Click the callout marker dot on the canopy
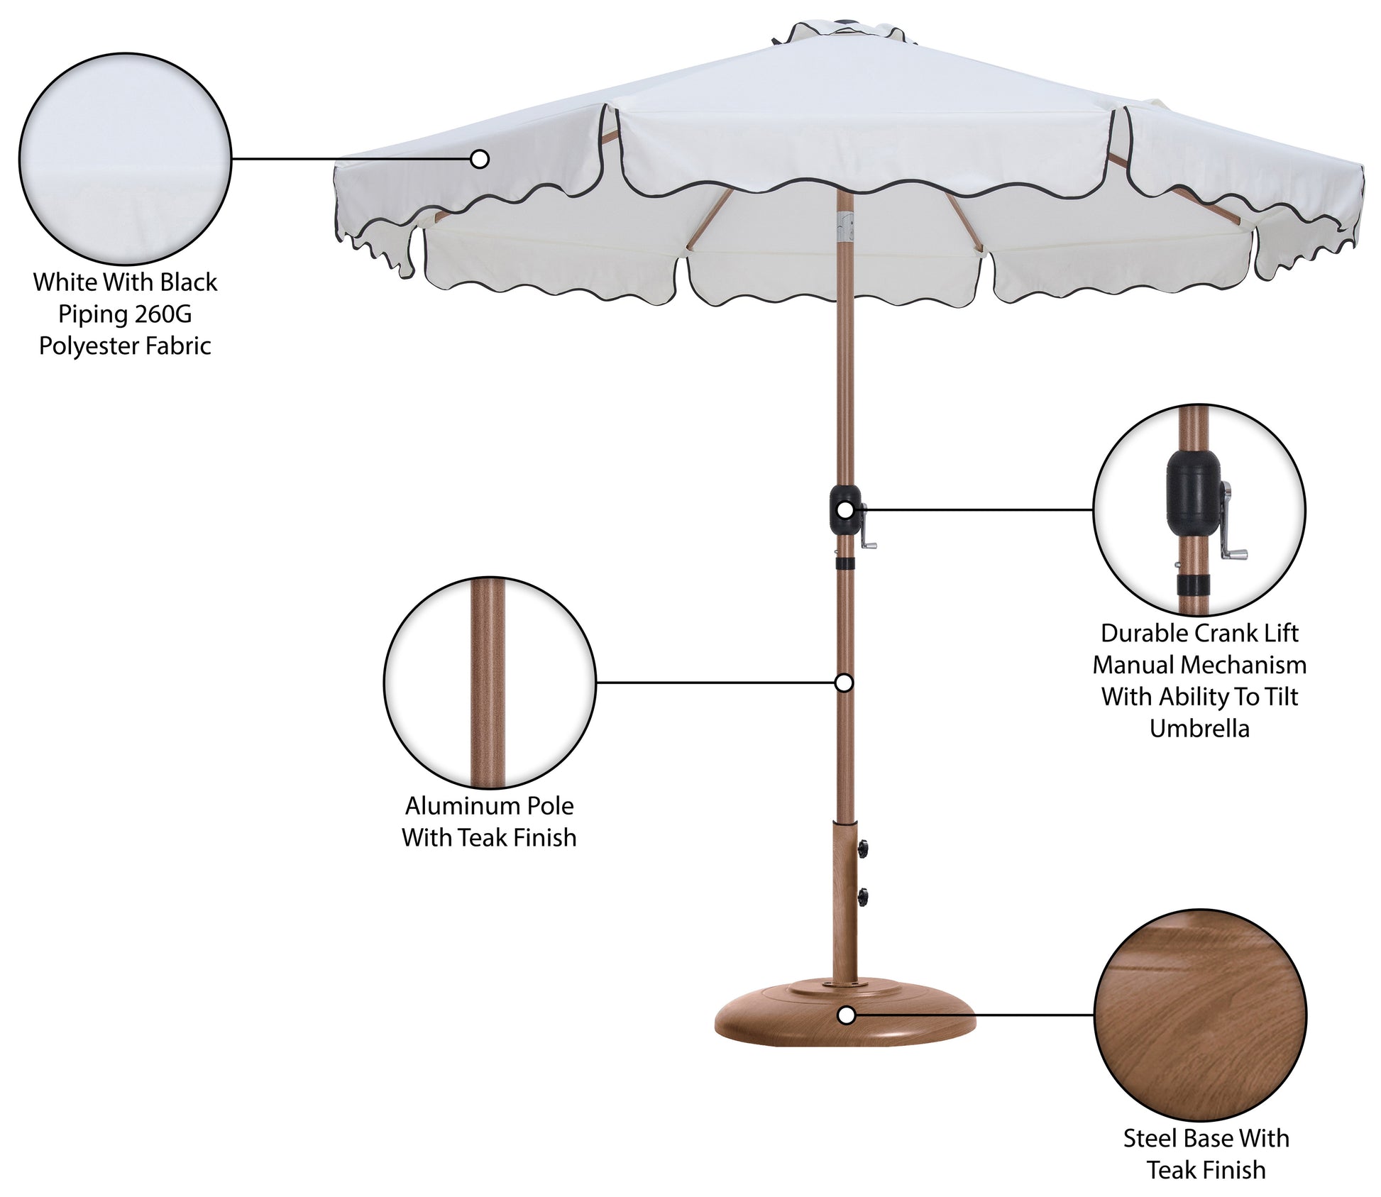(x=480, y=159)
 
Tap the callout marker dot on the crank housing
(x=844, y=509)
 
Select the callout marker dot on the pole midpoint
(x=844, y=683)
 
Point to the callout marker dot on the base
(x=846, y=1015)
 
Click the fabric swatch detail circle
(x=125, y=159)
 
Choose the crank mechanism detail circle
(x=1199, y=509)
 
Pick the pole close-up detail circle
(x=490, y=683)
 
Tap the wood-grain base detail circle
(x=1201, y=1015)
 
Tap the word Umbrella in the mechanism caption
(x=1199, y=729)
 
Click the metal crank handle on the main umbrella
(x=868, y=526)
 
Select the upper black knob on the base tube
(x=863, y=847)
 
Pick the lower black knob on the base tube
(x=863, y=898)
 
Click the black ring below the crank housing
(x=844, y=563)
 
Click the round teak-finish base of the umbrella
(x=845, y=1013)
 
